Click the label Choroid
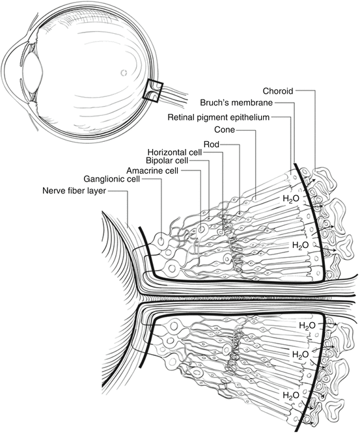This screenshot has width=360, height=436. (278, 91)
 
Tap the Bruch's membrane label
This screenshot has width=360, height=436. (236, 103)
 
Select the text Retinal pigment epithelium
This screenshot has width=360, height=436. (219, 117)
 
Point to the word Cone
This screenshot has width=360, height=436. (225, 129)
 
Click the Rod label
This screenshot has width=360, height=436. (212, 144)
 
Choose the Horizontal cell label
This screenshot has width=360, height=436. (174, 152)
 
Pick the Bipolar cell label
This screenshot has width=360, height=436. (167, 161)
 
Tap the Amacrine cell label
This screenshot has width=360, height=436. (152, 170)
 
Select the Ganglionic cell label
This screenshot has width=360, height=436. (112, 179)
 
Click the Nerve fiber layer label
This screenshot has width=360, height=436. (74, 191)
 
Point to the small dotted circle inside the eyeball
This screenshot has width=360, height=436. (124, 73)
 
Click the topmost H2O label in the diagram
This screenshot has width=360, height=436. (291, 198)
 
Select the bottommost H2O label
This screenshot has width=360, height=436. (291, 396)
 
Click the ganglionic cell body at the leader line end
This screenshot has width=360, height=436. (161, 241)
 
